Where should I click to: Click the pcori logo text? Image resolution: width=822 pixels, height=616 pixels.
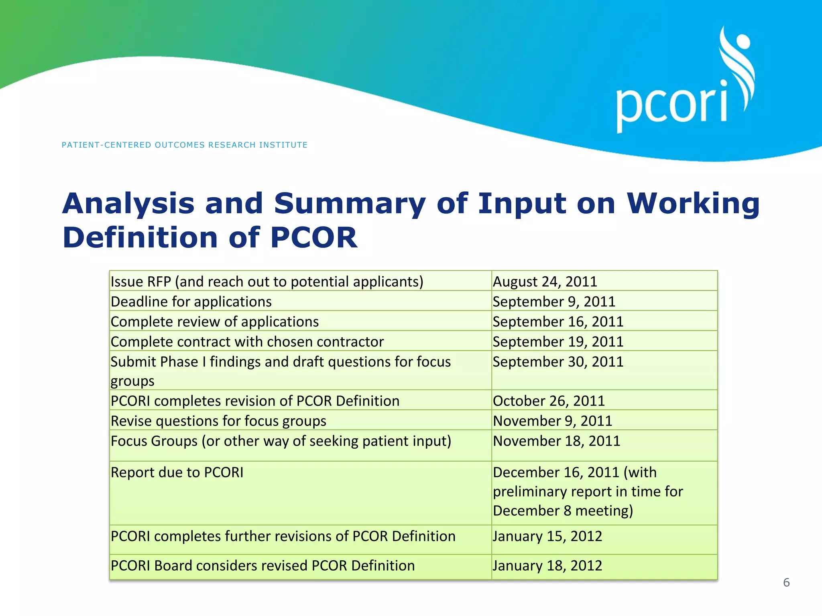[671, 105]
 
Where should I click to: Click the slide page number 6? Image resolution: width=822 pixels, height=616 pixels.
[786, 582]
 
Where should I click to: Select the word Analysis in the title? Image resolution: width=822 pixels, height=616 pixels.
[128, 204]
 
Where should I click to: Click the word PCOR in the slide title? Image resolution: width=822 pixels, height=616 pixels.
[313, 238]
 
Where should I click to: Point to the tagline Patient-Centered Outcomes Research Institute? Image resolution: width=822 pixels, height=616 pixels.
[185, 145]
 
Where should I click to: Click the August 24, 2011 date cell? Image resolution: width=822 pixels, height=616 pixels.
[545, 282]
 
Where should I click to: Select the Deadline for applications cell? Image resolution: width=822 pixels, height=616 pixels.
[191, 302]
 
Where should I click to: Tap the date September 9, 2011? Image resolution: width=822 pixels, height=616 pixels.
[554, 302]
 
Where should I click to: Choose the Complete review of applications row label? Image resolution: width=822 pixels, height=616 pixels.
[215, 322]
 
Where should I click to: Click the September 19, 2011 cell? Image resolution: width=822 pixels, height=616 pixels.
[558, 342]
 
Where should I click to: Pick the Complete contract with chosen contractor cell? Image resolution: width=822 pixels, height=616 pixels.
[247, 342]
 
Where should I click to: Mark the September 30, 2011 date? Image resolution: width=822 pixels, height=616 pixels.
[558, 362]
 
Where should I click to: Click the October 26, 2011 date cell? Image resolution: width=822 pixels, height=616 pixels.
[549, 401]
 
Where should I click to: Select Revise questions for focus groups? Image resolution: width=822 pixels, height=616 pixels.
[218, 421]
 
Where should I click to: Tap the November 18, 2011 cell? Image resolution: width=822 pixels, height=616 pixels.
[556, 441]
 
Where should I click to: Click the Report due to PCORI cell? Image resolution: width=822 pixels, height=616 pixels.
[177, 472]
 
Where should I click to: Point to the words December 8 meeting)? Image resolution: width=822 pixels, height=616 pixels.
[563, 511]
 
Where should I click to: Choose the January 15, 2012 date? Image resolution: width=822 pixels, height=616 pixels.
[547, 536]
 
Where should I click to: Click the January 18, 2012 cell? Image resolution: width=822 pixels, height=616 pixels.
[547, 565]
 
